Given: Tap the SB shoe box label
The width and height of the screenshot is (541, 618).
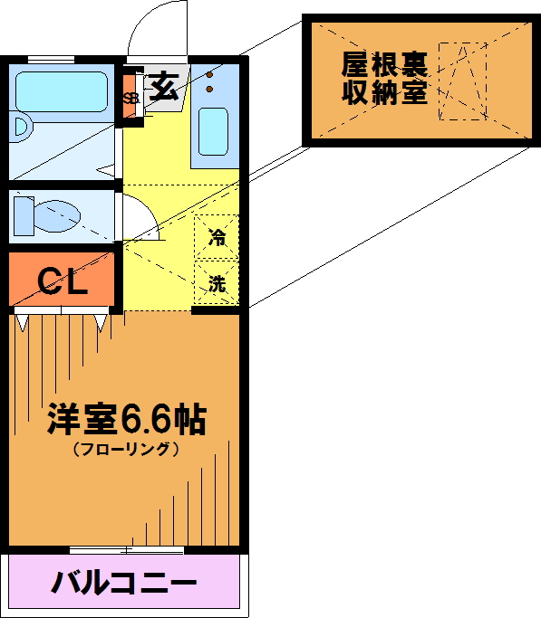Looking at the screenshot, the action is tap(131, 98).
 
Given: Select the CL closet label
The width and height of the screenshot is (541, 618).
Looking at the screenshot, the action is tap(62, 281).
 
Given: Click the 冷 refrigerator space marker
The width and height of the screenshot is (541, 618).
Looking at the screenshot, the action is tap(217, 237).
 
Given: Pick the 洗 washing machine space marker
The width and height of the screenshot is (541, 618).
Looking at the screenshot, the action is tap(217, 283).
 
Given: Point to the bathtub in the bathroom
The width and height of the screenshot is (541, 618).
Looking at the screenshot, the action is tap(62, 91).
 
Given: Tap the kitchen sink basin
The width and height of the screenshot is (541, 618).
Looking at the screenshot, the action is tap(213, 131).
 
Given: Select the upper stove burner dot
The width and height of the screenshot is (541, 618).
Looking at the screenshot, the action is tap(210, 75).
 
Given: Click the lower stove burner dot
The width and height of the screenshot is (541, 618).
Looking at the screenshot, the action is tap(209, 90).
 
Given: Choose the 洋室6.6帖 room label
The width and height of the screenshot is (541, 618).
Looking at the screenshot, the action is tap(127, 419).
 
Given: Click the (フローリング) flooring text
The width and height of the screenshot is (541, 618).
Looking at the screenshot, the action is tap(126, 449).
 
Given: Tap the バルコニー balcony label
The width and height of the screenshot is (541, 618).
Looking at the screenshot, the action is tap(123, 583).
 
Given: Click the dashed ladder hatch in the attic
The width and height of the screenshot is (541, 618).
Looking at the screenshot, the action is tap(463, 81).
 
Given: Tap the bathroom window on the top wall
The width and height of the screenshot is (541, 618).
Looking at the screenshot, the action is tap(52, 60).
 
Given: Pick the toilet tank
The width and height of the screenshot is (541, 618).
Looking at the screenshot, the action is tap(24, 216).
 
